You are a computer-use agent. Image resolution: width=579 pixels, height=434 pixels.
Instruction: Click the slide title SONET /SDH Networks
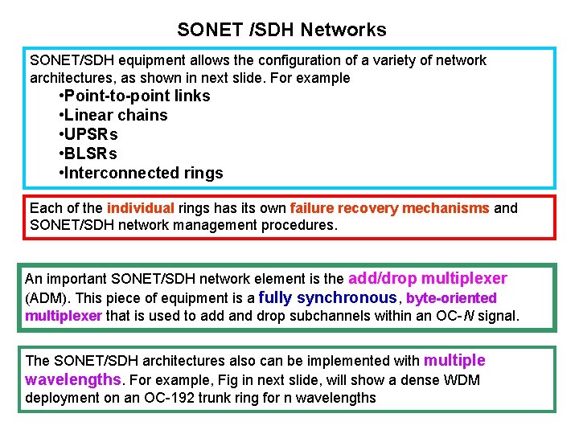point(281,31)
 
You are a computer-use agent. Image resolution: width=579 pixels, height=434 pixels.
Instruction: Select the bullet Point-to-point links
point(134,96)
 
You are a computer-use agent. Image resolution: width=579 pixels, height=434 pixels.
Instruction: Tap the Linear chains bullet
point(113,116)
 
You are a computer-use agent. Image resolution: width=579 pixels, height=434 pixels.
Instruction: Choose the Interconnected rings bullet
point(141,174)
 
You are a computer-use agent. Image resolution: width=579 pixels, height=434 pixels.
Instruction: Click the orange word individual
point(140,209)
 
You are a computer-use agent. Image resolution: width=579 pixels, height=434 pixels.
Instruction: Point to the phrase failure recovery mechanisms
point(389,209)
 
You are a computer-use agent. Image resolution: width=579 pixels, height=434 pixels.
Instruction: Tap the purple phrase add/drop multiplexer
point(427,279)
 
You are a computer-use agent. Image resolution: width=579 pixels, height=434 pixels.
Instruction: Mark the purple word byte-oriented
point(451,299)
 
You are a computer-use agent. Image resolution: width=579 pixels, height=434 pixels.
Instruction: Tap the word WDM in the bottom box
point(462,380)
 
